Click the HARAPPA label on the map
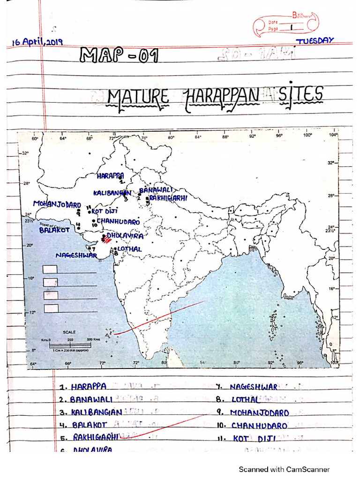pos(111,176)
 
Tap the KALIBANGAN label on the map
pos(112,193)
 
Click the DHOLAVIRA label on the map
pos(125,235)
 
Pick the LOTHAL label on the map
pos(129,249)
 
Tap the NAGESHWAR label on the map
pos(76,255)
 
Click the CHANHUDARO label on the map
pos(118,221)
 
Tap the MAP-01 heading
pos(120,56)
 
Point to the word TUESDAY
pos(315,41)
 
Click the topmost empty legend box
pos(50,269)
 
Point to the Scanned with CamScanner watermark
pos(284,469)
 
